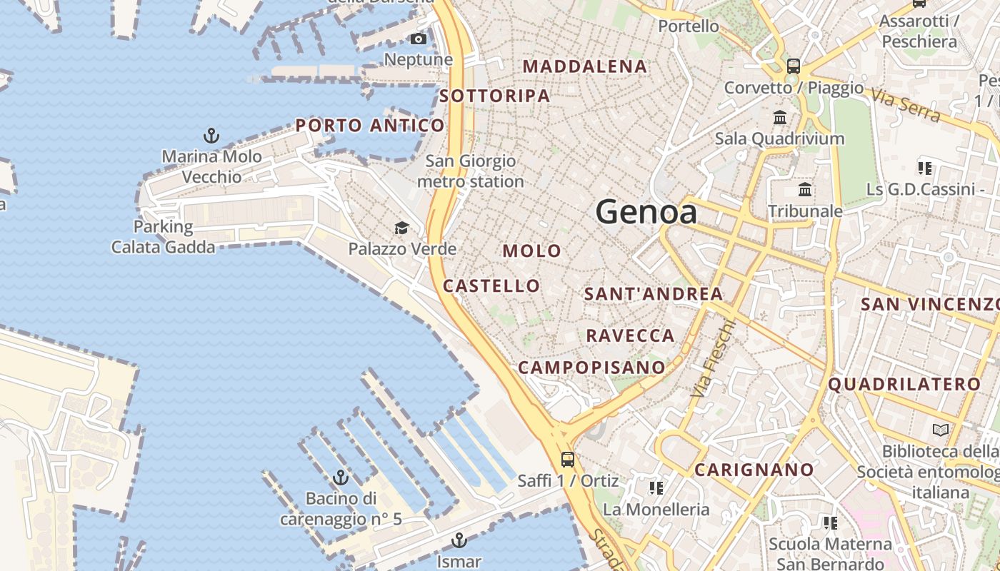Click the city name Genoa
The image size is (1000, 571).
click(646, 212)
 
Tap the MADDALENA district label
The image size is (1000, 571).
click(585, 66)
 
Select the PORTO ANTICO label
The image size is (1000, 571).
click(370, 126)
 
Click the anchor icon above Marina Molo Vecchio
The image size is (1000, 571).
click(211, 136)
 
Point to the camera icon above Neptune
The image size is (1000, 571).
click(419, 39)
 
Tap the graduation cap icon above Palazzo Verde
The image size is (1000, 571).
click(402, 228)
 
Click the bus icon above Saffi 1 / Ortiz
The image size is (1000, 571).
click(568, 460)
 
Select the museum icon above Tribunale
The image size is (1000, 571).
click(805, 190)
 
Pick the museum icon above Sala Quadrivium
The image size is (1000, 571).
click(780, 117)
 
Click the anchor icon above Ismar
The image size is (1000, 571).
click(459, 540)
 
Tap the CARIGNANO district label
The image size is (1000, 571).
click(754, 470)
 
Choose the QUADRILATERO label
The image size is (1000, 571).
click(904, 385)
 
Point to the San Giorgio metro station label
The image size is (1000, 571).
click(470, 171)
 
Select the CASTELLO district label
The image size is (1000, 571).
click(491, 286)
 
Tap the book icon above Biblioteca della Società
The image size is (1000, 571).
click(941, 430)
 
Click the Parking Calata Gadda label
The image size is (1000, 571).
click(163, 237)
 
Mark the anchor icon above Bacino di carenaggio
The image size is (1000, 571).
click(341, 477)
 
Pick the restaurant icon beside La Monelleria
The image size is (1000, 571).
click(656, 488)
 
